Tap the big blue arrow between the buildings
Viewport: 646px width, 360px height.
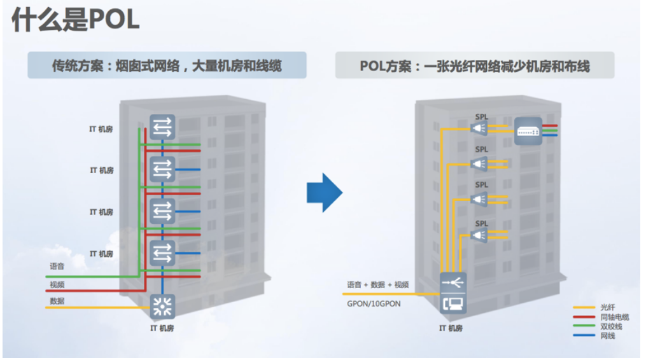(x=324, y=191)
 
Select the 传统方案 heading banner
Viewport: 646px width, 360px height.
(x=167, y=66)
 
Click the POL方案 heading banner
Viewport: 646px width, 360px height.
(x=474, y=66)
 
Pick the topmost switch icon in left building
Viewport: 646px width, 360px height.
(x=162, y=127)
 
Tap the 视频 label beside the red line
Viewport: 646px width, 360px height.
(x=57, y=285)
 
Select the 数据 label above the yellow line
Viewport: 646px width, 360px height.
(x=57, y=301)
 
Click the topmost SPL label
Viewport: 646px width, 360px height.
(x=482, y=116)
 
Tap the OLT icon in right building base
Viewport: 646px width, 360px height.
(x=453, y=293)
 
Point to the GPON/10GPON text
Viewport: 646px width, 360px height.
(x=374, y=303)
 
